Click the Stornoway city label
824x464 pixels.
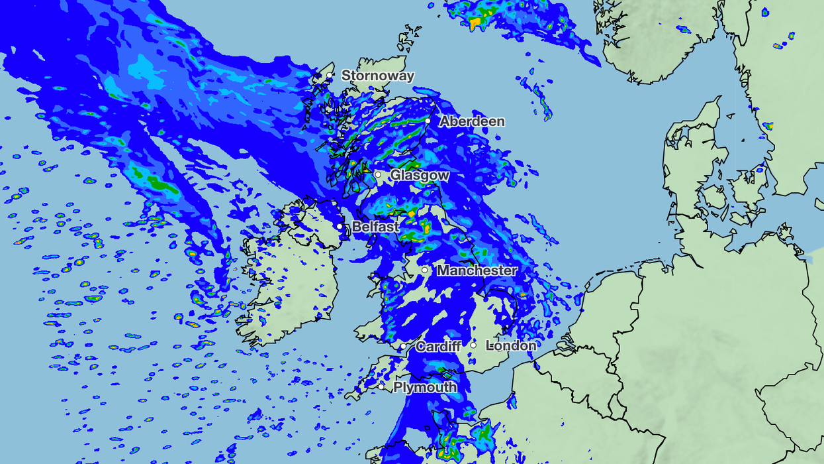[378, 76]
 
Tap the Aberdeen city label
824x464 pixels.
[472, 121]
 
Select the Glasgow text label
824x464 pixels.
[420, 175]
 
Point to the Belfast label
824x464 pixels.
[375, 227]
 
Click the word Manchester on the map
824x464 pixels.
[477, 270]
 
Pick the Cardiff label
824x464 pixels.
[439, 346]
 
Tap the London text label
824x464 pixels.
[511, 345]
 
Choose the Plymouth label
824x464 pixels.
[425, 387]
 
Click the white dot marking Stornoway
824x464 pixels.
[330, 76]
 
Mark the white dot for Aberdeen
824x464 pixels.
[428, 121]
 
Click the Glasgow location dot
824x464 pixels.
[378, 175]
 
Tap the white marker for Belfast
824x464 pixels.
[340, 227]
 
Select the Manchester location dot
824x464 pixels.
[424, 270]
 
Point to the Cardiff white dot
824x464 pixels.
[402, 346]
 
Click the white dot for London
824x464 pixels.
[473, 345]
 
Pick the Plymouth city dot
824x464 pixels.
[381, 386]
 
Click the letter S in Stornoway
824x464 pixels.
[345, 76]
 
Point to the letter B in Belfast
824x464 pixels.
[356, 227]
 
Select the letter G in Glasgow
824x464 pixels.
[395, 175]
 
